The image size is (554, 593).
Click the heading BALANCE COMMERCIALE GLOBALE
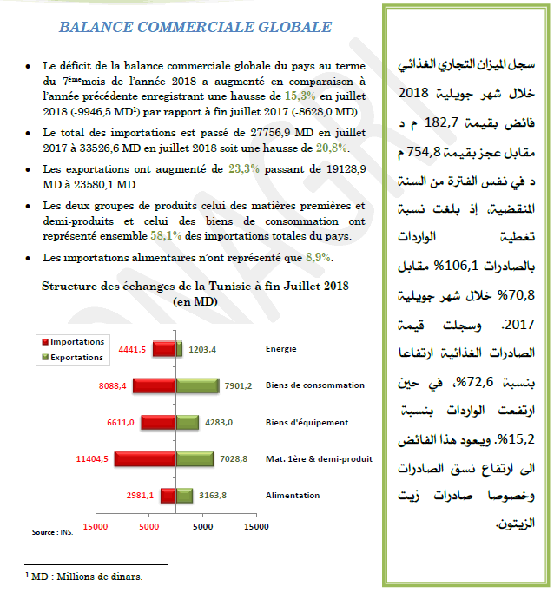coord(195,27)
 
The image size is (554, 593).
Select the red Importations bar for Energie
coord(163,349)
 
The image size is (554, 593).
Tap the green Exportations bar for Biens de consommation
coord(197,385)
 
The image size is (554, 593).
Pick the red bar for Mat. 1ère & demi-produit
coord(145,458)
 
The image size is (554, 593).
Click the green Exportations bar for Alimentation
coord(184,496)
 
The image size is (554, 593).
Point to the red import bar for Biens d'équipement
coord(158,422)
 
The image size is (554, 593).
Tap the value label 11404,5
coord(92,458)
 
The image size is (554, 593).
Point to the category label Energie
coord(281,349)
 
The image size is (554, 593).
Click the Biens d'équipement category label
coord(307,423)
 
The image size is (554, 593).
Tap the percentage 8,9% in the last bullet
coord(319,258)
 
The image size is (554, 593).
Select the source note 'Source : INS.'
coord(53,532)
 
